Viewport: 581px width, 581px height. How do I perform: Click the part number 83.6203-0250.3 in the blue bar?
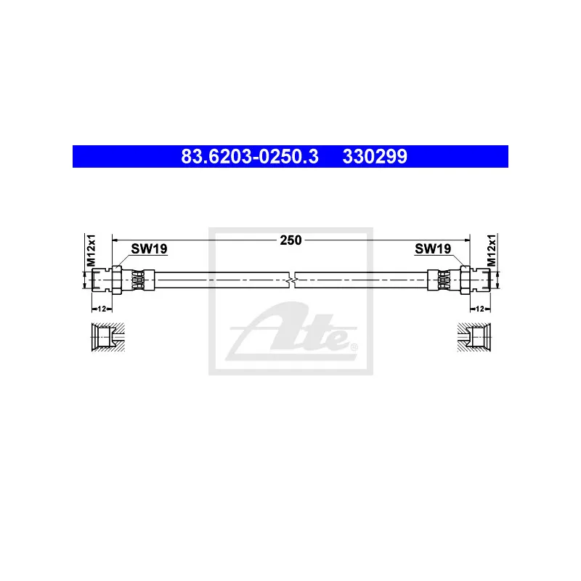pyautogui.click(x=249, y=156)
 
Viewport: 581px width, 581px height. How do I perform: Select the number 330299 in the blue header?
pyautogui.click(x=375, y=156)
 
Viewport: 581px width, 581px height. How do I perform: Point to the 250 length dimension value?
pyautogui.click(x=290, y=240)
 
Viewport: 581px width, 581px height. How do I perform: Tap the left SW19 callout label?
pyautogui.click(x=149, y=249)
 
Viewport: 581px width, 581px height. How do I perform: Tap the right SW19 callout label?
pyautogui.click(x=433, y=249)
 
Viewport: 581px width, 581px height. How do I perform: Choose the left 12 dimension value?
pyautogui.click(x=102, y=309)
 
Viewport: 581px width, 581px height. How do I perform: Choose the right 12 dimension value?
pyautogui.click(x=479, y=309)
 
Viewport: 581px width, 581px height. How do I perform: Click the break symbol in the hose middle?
pyautogui.click(x=291, y=279)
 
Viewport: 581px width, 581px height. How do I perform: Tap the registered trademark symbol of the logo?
pyautogui.click(x=354, y=348)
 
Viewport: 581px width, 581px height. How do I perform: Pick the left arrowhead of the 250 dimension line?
pyautogui.click(x=117, y=240)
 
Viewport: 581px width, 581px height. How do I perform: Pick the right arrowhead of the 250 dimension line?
pyautogui.click(x=466, y=240)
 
